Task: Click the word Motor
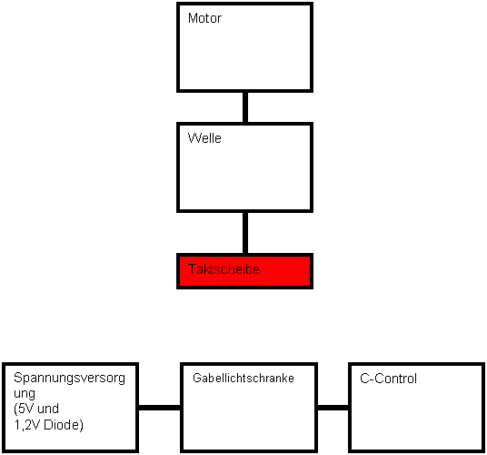(x=204, y=18)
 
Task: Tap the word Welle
(x=204, y=138)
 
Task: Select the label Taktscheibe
(x=224, y=269)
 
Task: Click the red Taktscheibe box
(x=244, y=271)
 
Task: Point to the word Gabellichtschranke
(x=243, y=379)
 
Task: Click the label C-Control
(x=388, y=379)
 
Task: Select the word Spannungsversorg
(x=69, y=379)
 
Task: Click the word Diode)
(x=64, y=425)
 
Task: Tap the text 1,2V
(x=27, y=425)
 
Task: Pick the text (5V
(x=24, y=409)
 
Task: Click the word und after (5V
(x=48, y=409)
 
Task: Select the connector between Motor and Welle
(x=245, y=107)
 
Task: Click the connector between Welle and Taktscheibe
(x=245, y=233)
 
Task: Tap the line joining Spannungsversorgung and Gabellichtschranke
(x=159, y=408)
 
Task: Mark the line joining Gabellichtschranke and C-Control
(x=333, y=408)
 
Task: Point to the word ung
(x=25, y=394)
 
